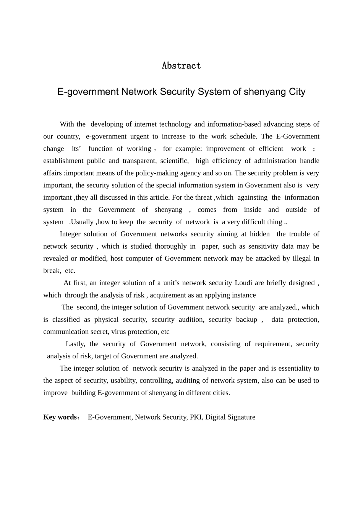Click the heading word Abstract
click(x=181, y=66)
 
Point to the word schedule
click(x=243, y=137)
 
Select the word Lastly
click(x=75, y=344)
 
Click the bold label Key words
click(x=60, y=417)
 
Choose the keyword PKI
click(x=196, y=417)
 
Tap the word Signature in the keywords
click(x=241, y=417)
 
